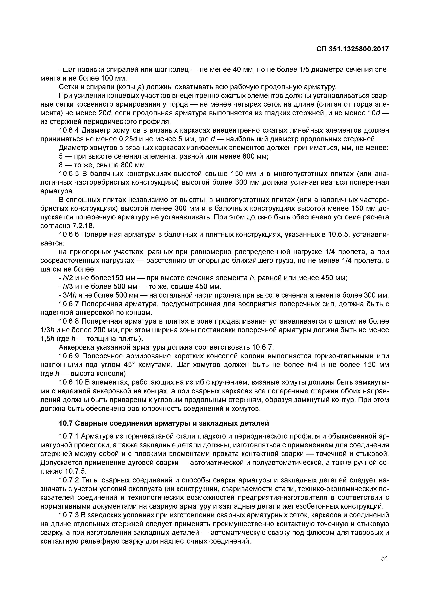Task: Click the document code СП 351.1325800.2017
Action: [x=352, y=49]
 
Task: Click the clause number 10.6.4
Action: [x=69, y=130]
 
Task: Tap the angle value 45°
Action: [x=130, y=365]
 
